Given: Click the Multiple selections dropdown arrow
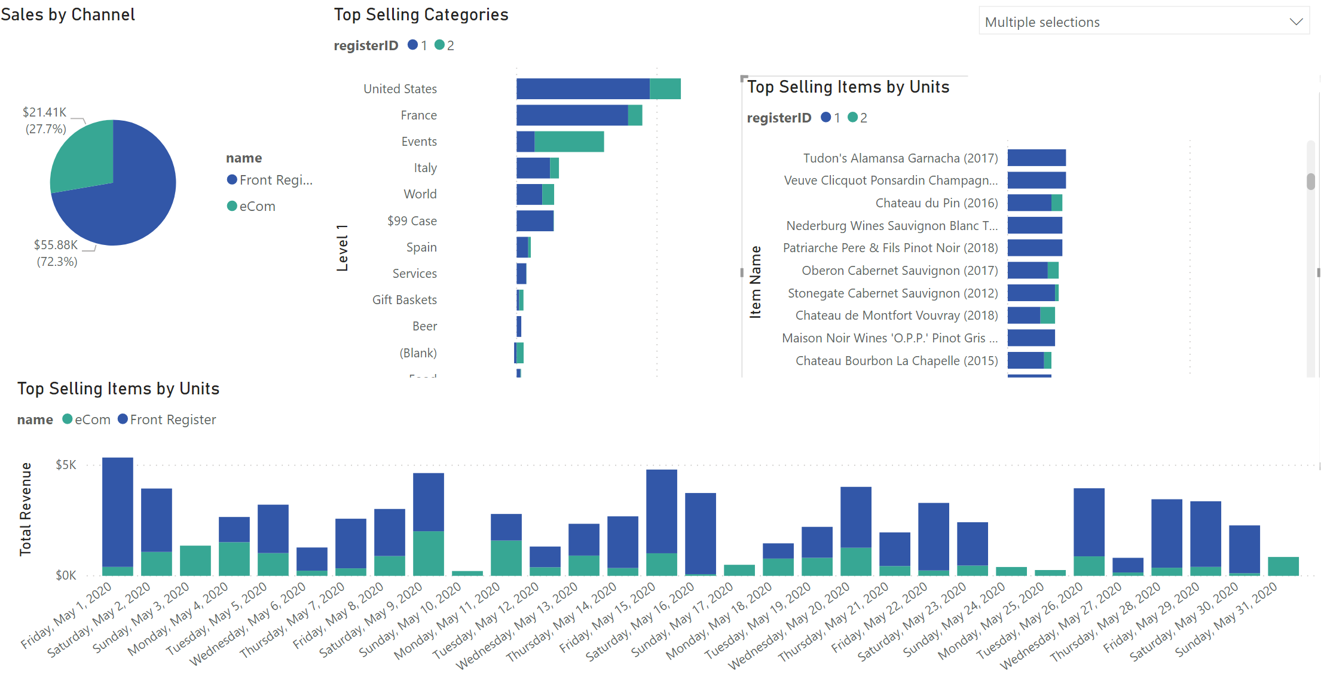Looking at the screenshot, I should (1295, 22).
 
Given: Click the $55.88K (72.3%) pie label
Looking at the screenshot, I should (56, 253).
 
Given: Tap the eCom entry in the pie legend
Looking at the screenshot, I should (257, 207).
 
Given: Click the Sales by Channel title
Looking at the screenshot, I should (68, 14).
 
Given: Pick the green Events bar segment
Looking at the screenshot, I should (568, 142).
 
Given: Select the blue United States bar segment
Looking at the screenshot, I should (582, 88).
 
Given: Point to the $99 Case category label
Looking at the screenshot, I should (412, 221).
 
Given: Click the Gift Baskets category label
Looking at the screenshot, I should (404, 300).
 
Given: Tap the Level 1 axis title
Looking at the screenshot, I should (343, 248).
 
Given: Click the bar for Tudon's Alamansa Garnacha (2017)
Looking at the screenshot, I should (1036, 158).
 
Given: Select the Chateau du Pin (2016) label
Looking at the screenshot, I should (936, 203).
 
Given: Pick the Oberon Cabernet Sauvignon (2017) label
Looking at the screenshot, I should (900, 271).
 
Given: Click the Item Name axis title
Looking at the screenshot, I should (756, 281).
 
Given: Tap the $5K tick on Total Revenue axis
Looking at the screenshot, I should (66, 465).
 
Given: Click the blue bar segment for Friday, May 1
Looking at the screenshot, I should (118, 511).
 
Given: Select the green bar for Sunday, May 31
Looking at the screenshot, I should (1283, 566).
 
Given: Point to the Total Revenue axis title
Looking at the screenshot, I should (26, 508).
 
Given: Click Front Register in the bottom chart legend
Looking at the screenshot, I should (173, 419).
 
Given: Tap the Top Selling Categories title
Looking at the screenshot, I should (421, 14).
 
